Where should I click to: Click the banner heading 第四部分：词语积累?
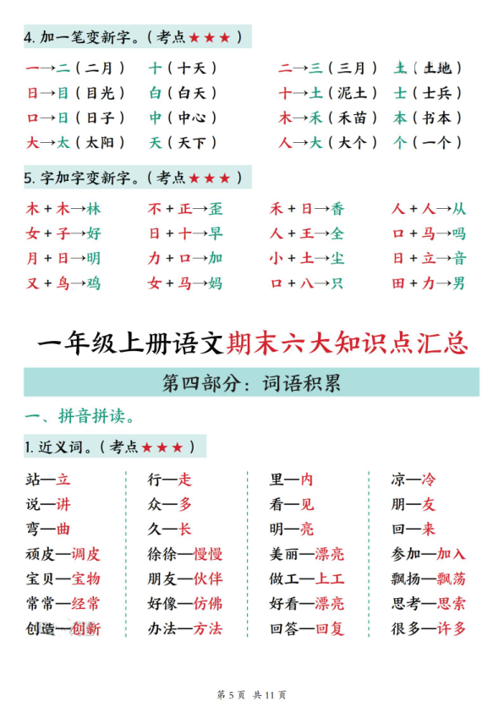point(251,383)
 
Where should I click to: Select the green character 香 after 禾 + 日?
point(337,209)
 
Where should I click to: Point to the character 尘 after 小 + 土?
point(337,258)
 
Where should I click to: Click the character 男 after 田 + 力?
point(458,283)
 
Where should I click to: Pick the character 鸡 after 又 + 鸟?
point(93,283)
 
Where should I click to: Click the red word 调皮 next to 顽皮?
point(85,555)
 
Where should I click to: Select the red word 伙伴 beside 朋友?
point(208,579)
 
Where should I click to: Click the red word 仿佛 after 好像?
point(208,604)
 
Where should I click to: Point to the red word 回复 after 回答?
point(330,628)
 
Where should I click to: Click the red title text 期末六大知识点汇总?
point(348,344)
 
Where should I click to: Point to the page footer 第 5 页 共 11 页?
point(252,695)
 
